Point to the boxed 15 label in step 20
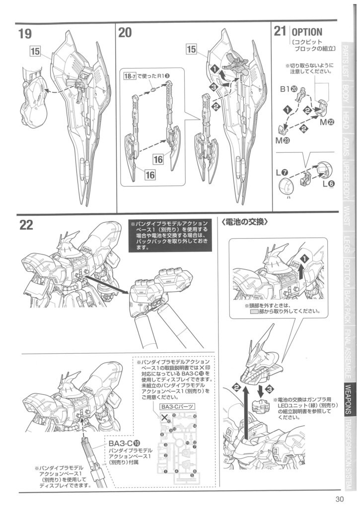[x=193, y=49]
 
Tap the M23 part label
[x=284, y=141]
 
